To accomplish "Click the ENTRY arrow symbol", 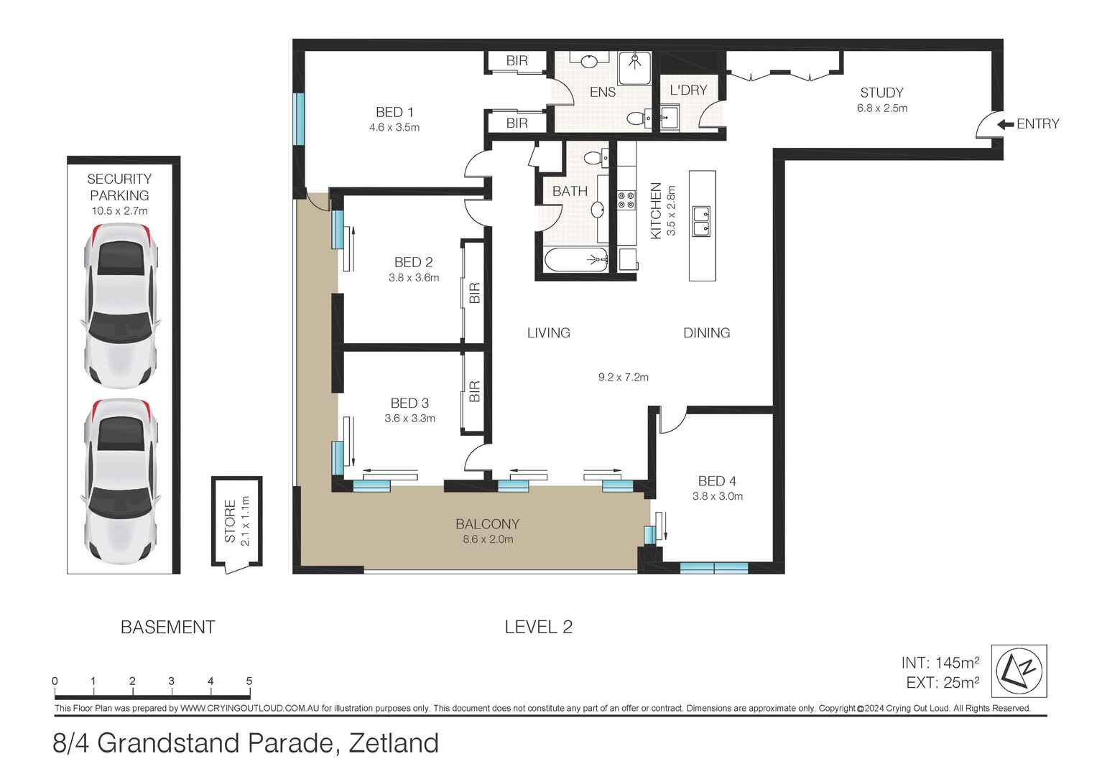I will (1005, 124).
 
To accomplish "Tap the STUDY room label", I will (881, 93).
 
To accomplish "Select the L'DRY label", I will (688, 90).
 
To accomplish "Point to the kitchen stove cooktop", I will (626, 200).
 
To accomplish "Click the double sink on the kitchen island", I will (701, 221).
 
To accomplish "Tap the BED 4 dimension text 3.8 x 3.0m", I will (717, 496).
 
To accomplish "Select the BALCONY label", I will (487, 524).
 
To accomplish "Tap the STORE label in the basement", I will (230, 521).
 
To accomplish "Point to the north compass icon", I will (1019, 671).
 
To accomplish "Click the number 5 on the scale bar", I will (249, 681).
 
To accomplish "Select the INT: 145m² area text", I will (940, 663).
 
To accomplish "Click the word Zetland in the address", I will (393, 743).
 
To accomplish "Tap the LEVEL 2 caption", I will (538, 627).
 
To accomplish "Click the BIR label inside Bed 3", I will (474, 391).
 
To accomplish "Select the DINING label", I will (706, 332).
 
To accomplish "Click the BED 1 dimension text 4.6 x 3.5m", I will (394, 128).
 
